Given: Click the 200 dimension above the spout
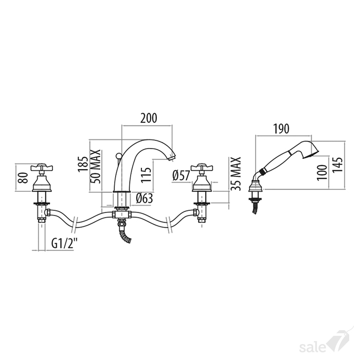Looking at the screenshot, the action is [x=149, y=118].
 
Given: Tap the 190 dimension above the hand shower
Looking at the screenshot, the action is [x=281, y=129].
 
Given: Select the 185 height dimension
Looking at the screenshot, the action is [x=83, y=164].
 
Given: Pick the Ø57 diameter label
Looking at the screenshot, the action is [x=181, y=176].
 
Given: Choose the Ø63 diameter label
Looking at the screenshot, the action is [x=144, y=199].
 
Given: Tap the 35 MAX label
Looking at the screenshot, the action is [x=236, y=174].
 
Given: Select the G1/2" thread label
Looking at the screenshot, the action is [x=64, y=243].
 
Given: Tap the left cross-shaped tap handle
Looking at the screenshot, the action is [x=42, y=168].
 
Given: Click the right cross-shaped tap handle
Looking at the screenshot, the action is [x=202, y=168].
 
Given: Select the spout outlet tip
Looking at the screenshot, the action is [x=171, y=158].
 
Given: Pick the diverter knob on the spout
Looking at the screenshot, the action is [x=118, y=157].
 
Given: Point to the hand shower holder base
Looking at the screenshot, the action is [x=256, y=186].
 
